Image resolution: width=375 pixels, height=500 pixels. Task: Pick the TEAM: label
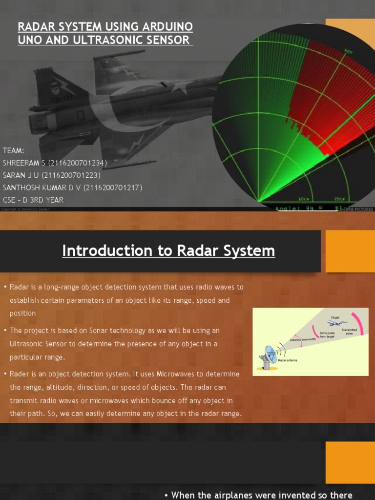pyautogui.click(x=13, y=150)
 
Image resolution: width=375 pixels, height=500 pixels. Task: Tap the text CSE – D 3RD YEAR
pyautogui.click(x=33, y=200)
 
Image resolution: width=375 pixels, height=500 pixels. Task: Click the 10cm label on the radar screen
pyautogui.click(x=304, y=199)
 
